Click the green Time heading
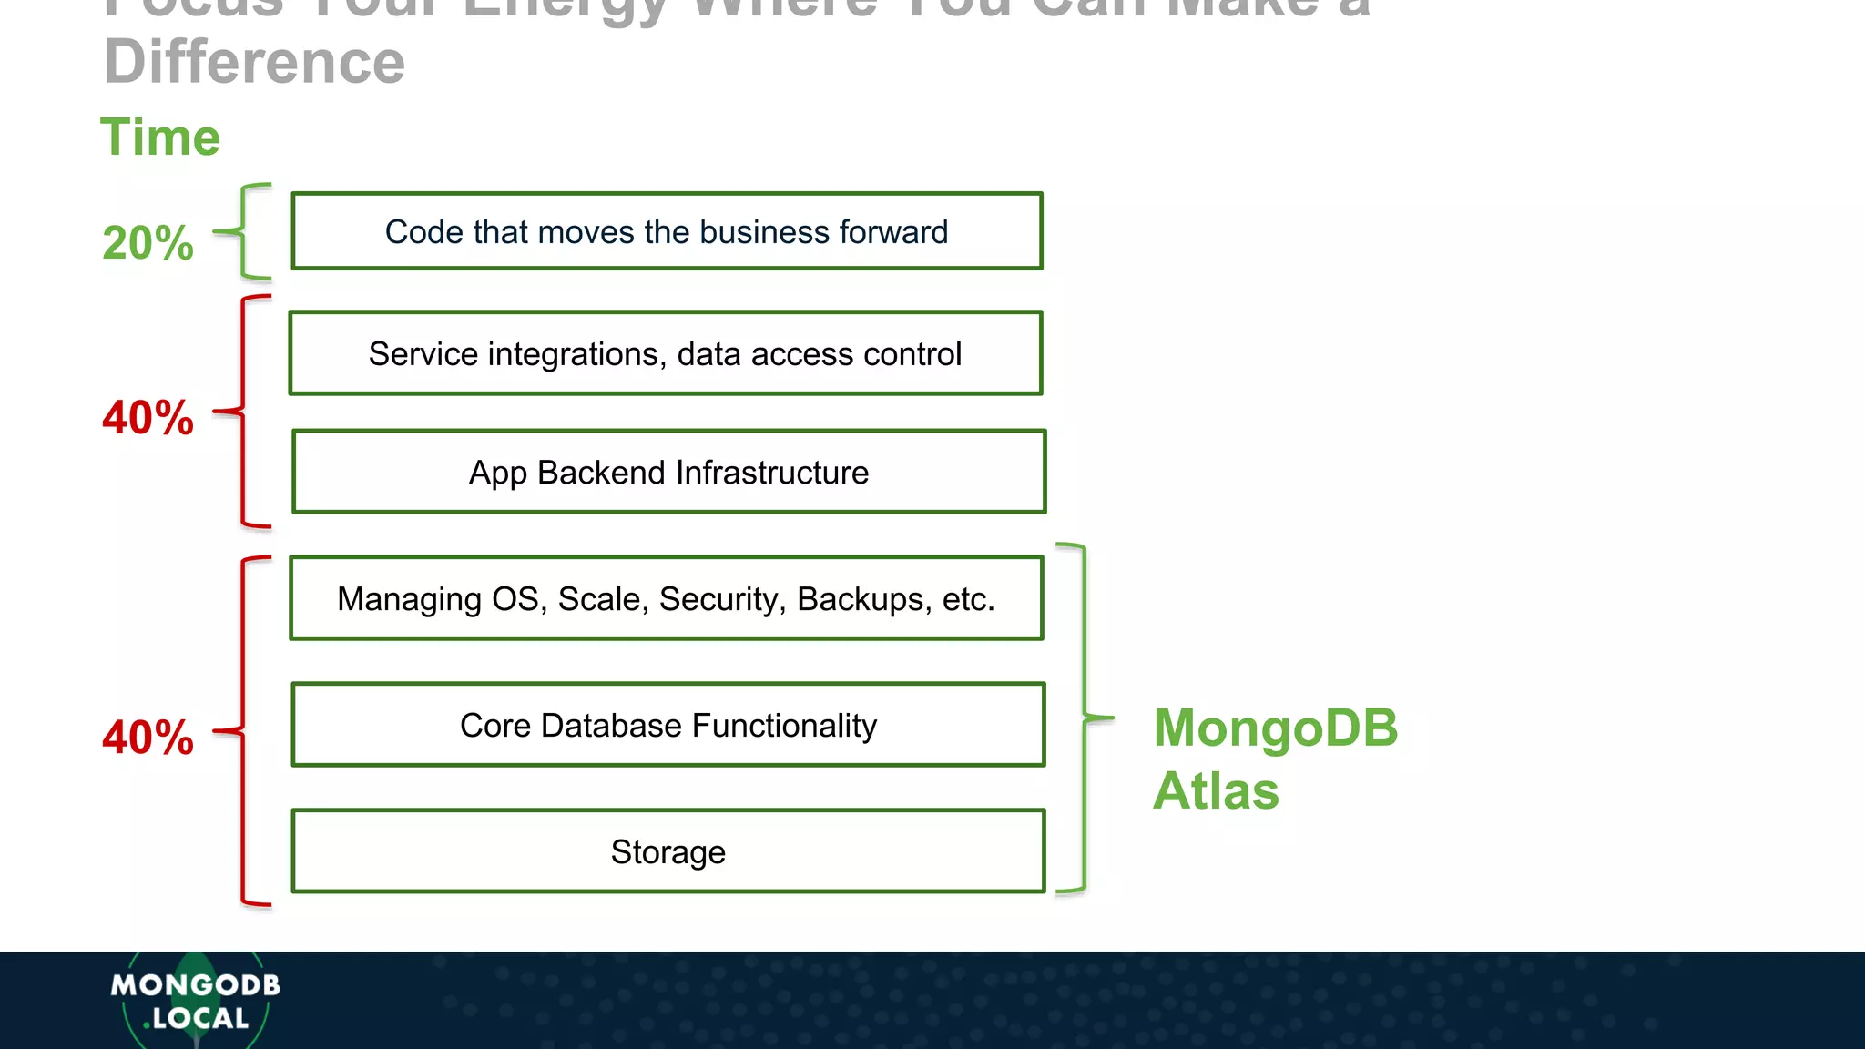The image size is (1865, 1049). [160, 137]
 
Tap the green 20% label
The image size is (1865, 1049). [148, 243]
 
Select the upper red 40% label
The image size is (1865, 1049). [148, 418]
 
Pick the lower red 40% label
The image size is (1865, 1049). [148, 737]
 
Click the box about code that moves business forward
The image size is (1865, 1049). [667, 231]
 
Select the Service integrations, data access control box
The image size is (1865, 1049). [666, 353]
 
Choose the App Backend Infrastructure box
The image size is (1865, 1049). [668, 472]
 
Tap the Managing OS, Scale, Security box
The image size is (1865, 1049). [666, 598]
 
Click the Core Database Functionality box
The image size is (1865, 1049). [668, 725]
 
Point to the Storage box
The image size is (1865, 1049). [668, 851]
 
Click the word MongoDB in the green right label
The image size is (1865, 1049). [1275, 728]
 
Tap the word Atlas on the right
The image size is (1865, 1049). [1216, 790]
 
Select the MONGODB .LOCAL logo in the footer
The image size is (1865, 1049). [195, 1001]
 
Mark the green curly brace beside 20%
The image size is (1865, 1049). [244, 231]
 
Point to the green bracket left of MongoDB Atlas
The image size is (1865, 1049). [1084, 718]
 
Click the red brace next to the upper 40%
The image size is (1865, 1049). [243, 412]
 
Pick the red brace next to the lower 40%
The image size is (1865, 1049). [243, 730]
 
